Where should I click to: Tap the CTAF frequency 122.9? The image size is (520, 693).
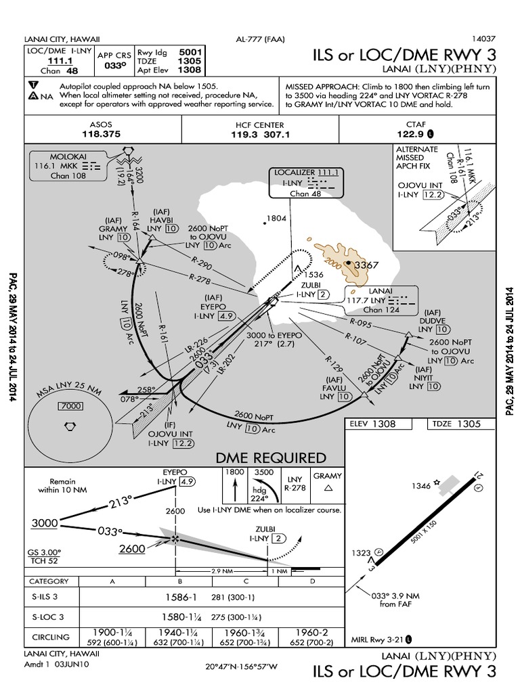point(411,135)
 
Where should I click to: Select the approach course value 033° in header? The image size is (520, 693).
point(115,66)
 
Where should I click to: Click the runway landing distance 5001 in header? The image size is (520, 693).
point(188,51)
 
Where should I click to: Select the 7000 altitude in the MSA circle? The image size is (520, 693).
point(68,406)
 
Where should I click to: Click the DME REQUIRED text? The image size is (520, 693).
point(271,458)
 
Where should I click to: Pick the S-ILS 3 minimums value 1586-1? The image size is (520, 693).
point(179,597)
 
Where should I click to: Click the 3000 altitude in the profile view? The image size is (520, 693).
point(43,523)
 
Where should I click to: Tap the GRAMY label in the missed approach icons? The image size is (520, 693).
point(328,476)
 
